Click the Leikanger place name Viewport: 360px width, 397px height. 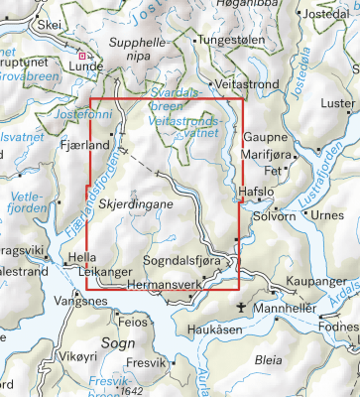[100, 268]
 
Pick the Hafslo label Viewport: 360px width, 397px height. [255, 197]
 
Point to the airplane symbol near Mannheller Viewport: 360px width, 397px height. [253, 309]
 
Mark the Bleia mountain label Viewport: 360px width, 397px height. [268, 362]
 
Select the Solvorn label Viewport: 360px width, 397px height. [275, 215]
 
